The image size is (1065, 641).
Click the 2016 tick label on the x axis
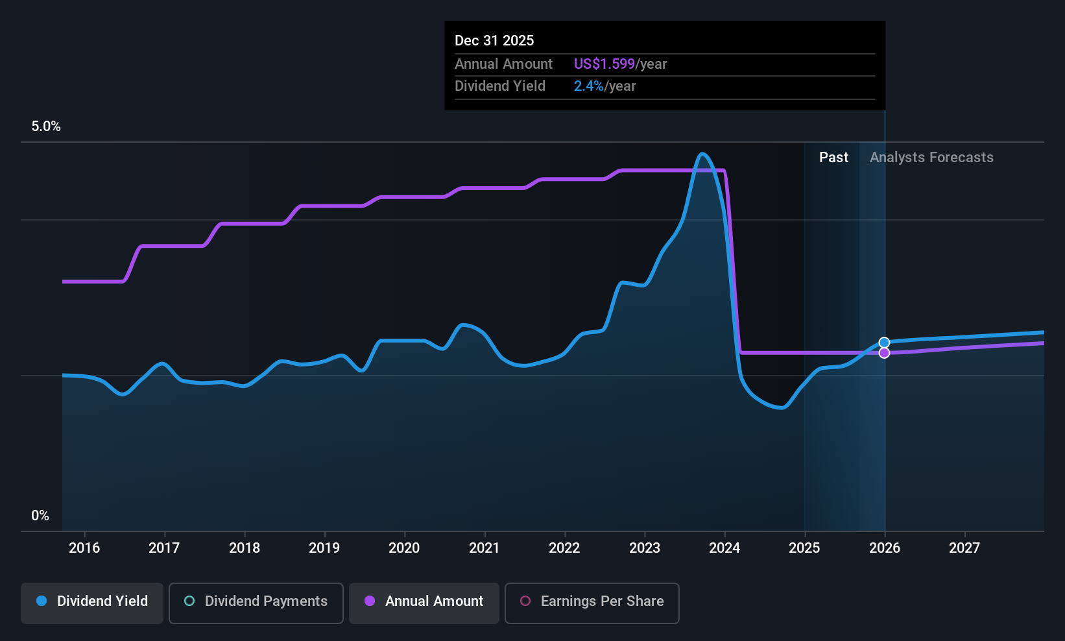coord(84,548)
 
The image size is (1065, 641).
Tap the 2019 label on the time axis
coord(324,548)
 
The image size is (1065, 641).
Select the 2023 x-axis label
coord(644,548)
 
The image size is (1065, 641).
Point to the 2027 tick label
coord(964,548)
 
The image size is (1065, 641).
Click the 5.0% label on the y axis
coord(46,127)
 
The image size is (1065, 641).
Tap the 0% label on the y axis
coord(40,516)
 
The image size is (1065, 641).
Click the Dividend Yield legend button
coord(91,603)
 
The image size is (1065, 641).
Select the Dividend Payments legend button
coord(256,603)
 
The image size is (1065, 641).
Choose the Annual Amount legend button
coord(424,603)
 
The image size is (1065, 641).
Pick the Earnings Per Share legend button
coord(592,603)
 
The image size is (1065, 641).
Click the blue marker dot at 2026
coord(884,343)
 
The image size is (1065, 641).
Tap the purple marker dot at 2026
coord(884,353)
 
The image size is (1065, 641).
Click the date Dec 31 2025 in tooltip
coord(494,40)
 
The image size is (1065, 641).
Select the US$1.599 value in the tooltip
coord(604,64)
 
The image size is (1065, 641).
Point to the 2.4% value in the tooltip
coord(588,86)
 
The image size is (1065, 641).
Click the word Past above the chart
coord(833,158)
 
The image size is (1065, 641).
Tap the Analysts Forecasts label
coord(931,158)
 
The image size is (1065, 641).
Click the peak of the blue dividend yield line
coord(702,154)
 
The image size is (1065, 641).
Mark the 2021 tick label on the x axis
coord(485,548)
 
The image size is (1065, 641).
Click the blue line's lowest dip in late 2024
coord(781,407)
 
